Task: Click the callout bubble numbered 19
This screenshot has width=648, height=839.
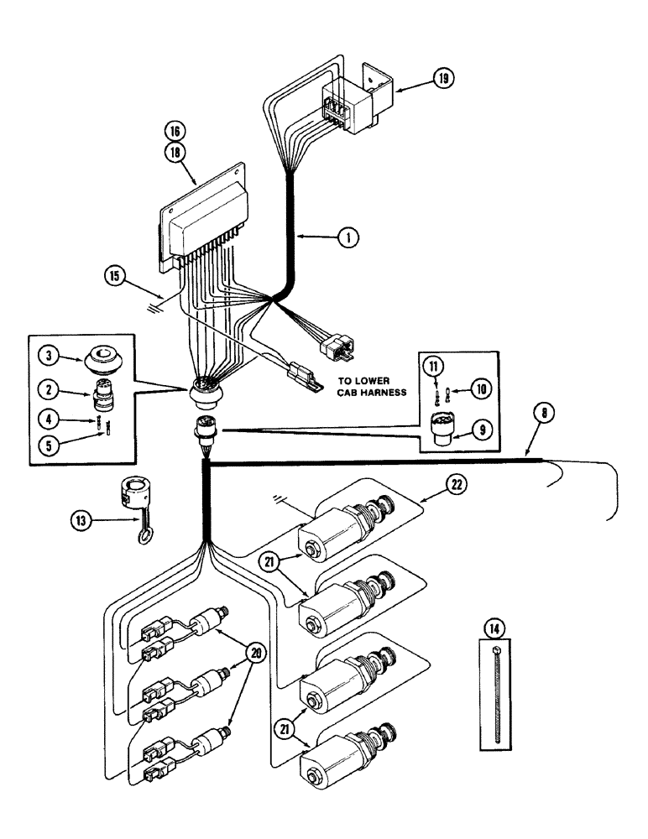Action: coord(443,79)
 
